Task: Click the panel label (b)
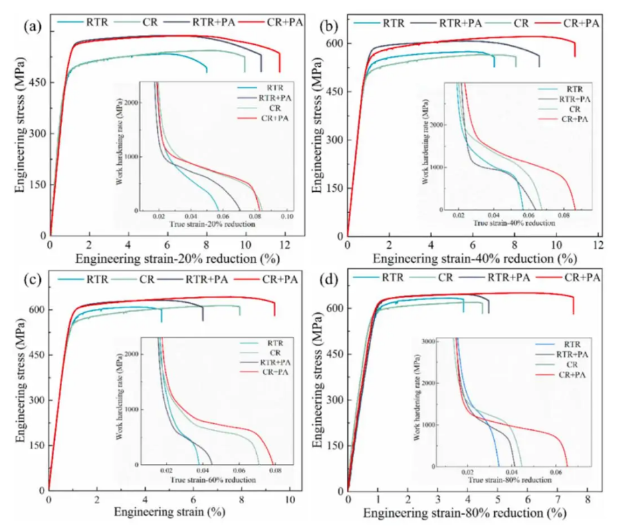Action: click(x=330, y=25)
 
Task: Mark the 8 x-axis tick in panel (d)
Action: click(x=587, y=500)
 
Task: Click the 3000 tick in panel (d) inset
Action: click(x=426, y=341)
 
